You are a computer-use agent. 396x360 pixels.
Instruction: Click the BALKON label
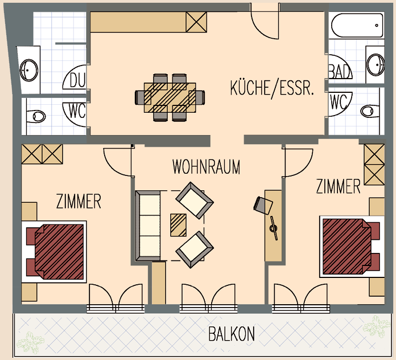232,334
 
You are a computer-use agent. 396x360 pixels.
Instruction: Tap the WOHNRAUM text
206,167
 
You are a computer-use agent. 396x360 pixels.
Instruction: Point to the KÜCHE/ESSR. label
272,88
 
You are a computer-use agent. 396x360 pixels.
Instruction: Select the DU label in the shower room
77,80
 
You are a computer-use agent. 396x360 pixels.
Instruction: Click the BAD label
340,71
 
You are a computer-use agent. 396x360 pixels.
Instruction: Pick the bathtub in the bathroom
357,25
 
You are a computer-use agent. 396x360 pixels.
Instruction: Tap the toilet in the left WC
36,116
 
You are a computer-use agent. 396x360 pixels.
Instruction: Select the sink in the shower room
29,70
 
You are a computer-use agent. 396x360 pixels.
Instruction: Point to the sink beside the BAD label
376,64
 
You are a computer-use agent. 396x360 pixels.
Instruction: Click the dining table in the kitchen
170,97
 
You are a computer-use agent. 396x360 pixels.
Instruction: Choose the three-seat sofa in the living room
148,226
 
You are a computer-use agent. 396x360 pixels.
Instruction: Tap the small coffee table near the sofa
178,225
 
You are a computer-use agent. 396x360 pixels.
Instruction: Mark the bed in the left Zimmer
56,252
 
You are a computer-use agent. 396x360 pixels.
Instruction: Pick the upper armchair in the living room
195,201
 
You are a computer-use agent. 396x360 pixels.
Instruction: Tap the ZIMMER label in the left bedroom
79,201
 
